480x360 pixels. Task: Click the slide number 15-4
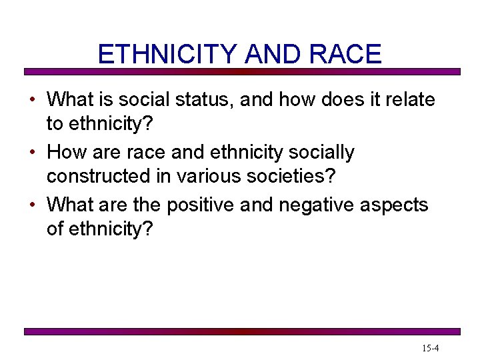point(430,348)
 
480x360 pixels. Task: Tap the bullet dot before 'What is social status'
point(32,101)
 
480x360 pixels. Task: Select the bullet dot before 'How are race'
point(32,153)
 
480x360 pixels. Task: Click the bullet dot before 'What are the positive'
point(32,205)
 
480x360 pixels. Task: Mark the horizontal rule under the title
point(242,71)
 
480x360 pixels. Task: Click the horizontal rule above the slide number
point(242,331)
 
